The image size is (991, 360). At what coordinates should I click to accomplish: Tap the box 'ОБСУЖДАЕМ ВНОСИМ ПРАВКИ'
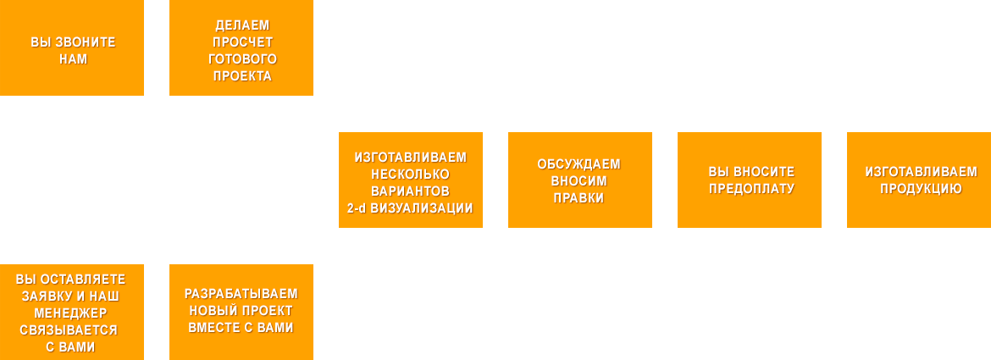(580, 180)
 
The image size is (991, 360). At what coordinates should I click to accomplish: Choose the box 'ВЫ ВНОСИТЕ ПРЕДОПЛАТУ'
(750, 180)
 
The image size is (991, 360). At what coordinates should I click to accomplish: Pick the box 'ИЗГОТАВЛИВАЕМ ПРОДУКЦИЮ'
(919, 180)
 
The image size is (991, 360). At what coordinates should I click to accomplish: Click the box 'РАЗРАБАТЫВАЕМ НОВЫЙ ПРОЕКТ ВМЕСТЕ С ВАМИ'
(241, 312)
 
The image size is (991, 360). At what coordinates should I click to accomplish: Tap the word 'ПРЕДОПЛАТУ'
(751, 189)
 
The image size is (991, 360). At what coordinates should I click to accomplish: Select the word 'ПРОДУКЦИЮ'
(921, 189)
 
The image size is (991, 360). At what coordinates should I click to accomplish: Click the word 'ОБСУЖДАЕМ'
(579, 163)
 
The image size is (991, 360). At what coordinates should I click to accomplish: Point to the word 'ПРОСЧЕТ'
(242, 42)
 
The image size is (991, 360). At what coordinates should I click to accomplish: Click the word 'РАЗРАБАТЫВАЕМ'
(241, 294)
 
